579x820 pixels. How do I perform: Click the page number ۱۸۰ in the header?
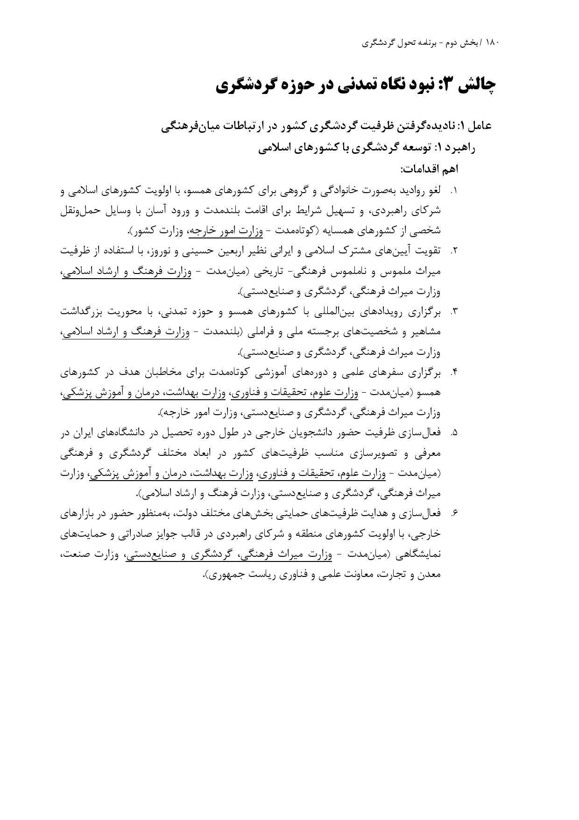[x=493, y=43]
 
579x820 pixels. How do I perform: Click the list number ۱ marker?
[x=453, y=191]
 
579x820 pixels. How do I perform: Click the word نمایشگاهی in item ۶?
[x=418, y=554]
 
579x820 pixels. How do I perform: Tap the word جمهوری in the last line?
[x=224, y=575]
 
